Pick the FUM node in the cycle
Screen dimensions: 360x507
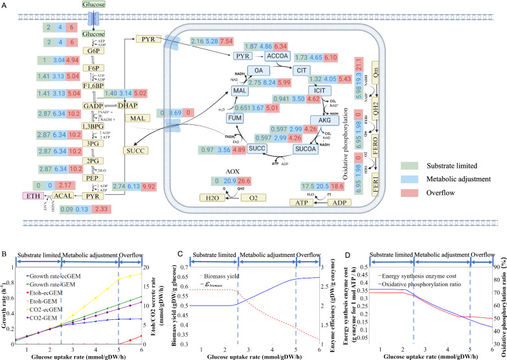(x=235, y=119)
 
